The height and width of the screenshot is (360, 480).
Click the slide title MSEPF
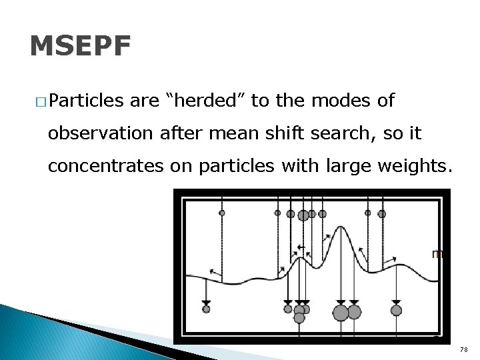[x=81, y=47]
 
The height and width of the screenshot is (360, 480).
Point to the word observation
[x=100, y=133]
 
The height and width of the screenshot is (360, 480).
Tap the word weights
[x=417, y=165]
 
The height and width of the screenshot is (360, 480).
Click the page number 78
[x=464, y=350]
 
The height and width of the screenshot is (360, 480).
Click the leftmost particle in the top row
[x=222, y=213]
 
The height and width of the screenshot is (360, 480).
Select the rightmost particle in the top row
[x=382, y=214]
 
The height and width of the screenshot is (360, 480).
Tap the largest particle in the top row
[x=303, y=215]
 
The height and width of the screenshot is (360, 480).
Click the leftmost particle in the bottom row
[x=206, y=309]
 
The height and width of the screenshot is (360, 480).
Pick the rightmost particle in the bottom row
[x=396, y=310]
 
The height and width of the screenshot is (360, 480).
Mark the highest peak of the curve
[x=341, y=227]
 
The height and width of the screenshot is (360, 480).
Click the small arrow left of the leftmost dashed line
[x=213, y=271]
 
